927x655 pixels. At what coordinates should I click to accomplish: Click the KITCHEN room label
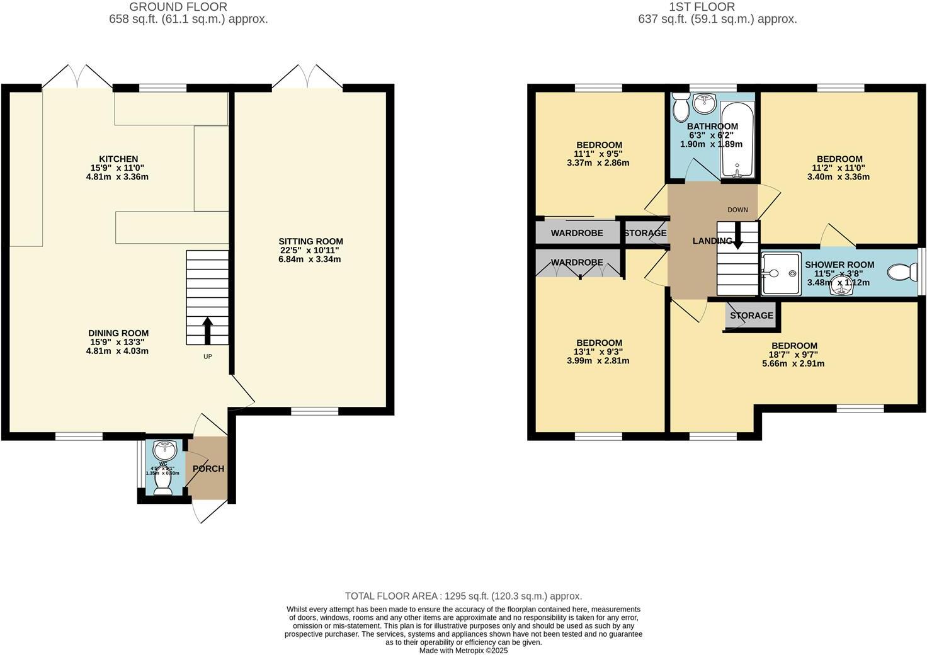(118, 159)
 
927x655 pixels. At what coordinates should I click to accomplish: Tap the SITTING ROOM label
(310, 241)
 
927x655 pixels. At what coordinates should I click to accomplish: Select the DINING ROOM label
(118, 333)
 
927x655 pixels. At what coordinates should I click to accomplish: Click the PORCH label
(208, 469)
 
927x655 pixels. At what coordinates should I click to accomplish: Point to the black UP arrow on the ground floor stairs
(207, 329)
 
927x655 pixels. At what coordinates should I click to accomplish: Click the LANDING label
(712, 241)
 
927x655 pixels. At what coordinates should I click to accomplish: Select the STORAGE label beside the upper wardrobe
(645, 233)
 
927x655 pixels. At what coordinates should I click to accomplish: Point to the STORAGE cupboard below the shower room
(751, 315)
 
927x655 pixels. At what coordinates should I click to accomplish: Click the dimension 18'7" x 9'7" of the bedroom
(794, 355)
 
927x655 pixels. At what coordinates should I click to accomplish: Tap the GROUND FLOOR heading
(178, 7)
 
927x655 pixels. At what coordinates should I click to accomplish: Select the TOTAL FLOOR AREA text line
(463, 596)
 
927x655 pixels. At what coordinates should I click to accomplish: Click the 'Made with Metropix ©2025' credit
(463, 651)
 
